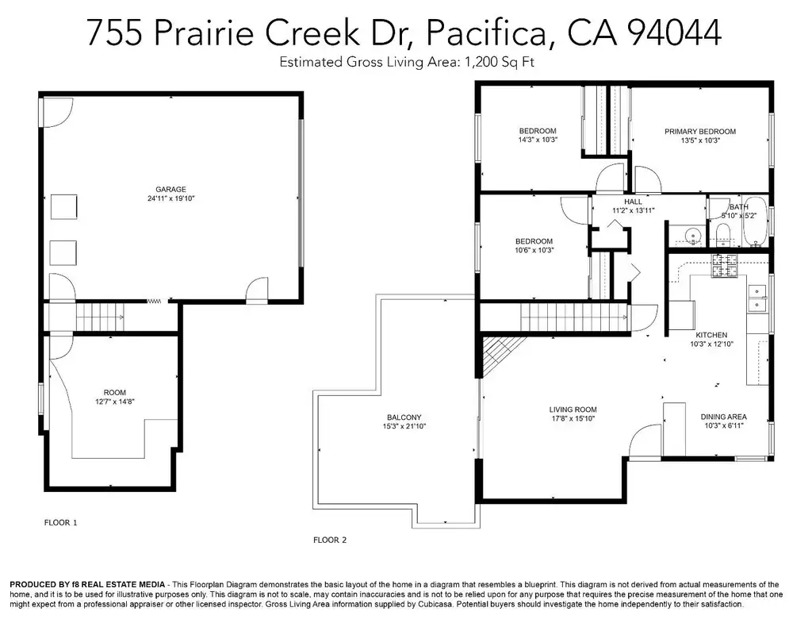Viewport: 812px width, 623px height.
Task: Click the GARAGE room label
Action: tap(170, 190)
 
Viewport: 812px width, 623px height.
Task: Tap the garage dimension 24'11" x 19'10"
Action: tap(170, 198)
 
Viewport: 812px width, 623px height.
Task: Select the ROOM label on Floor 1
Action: tap(114, 393)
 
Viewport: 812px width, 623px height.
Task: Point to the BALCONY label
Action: tap(404, 417)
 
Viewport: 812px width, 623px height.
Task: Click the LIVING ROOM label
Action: tap(573, 410)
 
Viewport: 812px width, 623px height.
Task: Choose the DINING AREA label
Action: tap(723, 417)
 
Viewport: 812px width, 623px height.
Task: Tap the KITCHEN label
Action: tap(711, 336)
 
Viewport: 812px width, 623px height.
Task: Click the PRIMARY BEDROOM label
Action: tap(700, 132)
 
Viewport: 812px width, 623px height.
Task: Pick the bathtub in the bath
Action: tap(756, 222)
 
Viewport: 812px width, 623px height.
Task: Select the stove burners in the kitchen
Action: tap(724, 265)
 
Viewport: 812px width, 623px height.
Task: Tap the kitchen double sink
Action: tap(756, 298)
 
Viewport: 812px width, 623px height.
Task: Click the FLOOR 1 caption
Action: tap(60, 522)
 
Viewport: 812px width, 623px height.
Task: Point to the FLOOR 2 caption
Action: tap(330, 540)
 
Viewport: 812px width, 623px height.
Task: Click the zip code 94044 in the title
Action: tap(673, 32)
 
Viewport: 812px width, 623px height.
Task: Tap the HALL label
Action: tap(633, 202)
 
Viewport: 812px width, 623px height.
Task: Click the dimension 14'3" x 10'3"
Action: tap(538, 140)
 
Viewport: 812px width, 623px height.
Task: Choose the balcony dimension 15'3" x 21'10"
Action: tap(404, 426)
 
